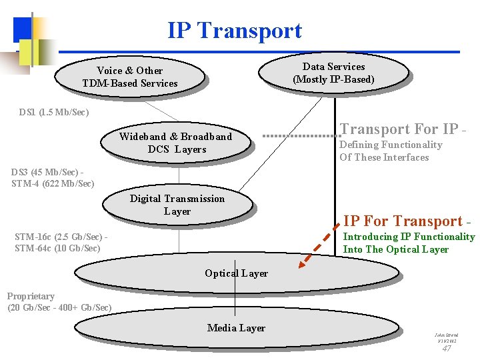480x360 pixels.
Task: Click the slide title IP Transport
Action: tap(235, 31)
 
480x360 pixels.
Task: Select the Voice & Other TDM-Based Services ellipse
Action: tap(129, 77)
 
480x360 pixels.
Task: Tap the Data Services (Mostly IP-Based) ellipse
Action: tap(333, 73)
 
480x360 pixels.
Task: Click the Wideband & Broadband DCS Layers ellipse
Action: tap(175, 143)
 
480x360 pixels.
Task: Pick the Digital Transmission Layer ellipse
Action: tap(177, 205)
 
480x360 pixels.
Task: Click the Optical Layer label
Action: tap(236, 273)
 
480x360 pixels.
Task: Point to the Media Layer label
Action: tap(236, 328)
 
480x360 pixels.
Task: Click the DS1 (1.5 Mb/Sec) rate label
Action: tap(54, 112)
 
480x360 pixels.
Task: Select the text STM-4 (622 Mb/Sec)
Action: tap(53, 183)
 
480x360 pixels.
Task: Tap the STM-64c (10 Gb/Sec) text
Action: tap(57, 249)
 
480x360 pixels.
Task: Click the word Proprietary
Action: tap(31, 296)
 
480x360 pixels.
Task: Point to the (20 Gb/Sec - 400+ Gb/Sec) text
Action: tap(59, 307)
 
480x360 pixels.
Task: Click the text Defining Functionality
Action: tap(391, 145)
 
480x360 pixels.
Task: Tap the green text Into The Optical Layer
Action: tap(395, 249)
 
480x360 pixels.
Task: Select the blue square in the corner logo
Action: tap(23, 28)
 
